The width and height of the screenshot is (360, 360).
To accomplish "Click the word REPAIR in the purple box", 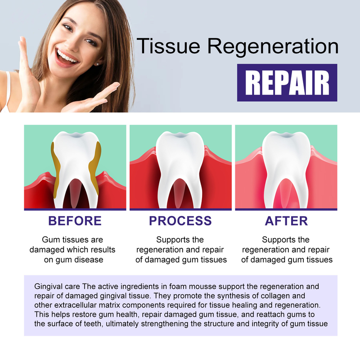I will [287, 82].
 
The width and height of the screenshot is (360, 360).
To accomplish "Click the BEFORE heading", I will [75, 221].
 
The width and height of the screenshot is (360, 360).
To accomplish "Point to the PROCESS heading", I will [180, 221].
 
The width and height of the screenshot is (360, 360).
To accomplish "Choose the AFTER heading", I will [286, 221].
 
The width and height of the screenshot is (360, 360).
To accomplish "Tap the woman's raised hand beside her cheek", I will [27, 72].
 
